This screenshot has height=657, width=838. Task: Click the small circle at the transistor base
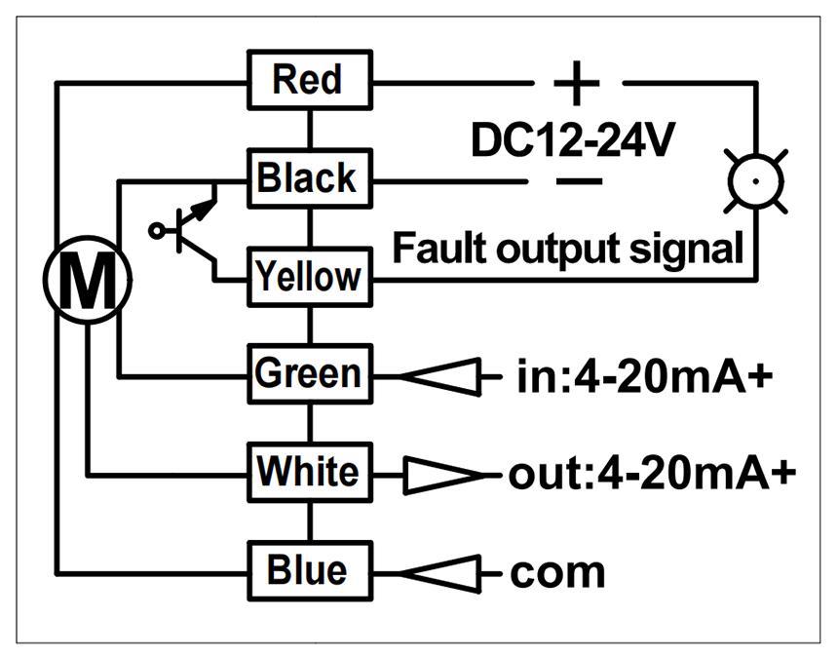click(x=156, y=231)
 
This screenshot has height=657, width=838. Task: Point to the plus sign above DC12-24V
click(x=577, y=83)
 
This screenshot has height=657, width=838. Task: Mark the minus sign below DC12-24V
click(x=579, y=181)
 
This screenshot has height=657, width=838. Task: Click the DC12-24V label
click(x=573, y=139)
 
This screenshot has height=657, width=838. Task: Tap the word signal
click(x=686, y=251)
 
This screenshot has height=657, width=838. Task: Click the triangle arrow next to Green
click(x=440, y=377)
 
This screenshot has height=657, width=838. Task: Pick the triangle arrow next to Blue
click(x=440, y=573)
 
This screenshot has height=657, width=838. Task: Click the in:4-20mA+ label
click(x=645, y=376)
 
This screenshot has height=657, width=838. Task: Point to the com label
click(x=558, y=573)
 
